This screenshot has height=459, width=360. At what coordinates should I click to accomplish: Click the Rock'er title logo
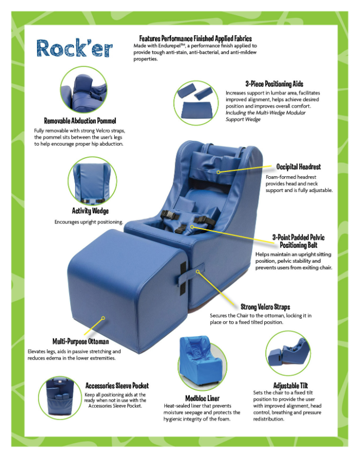coord(75,48)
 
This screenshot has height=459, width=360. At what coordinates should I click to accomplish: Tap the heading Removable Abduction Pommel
coord(80,121)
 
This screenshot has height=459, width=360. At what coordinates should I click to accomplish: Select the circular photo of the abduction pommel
coord(84,90)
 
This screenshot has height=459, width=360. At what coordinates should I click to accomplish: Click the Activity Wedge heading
coord(90,211)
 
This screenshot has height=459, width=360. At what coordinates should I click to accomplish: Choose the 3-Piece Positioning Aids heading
coord(274,84)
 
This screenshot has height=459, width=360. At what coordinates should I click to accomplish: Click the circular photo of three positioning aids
coord(196,103)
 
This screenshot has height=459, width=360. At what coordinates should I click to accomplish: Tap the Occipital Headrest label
coord(299,167)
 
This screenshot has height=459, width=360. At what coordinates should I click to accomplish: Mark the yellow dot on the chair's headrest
coord(219,172)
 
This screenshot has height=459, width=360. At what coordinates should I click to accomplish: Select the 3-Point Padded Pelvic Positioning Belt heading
coord(298,241)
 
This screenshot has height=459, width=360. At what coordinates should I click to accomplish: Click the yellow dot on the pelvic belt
coord(192,227)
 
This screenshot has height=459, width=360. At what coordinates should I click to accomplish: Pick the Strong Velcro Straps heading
coord(265,307)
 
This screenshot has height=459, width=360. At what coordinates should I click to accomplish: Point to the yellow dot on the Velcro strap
coord(198,272)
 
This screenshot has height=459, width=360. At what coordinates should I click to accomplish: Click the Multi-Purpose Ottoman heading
coord(80,342)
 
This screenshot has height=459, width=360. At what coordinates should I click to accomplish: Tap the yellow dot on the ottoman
coord(103,318)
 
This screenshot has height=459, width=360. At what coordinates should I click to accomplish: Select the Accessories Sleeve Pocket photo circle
coord(60,398)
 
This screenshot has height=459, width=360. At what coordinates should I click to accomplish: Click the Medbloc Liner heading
coord(202,399)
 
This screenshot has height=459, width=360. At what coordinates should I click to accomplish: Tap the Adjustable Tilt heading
coord(290,386)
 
